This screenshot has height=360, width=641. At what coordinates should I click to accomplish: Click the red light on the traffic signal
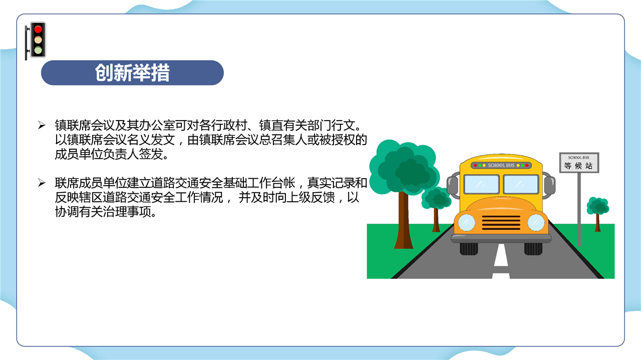pyautogui.click(x=38, y=29)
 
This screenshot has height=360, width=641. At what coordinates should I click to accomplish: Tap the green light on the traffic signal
pyautogui.click(x=38, y=51)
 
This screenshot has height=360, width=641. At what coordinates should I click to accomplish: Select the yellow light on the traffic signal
pyautogui.click(x=38, y=40)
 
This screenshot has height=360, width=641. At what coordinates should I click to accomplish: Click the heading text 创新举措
pyautogui.click(x=132, y=73)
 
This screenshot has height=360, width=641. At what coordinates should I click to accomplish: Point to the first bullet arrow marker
pyautogui.click(x=42, y=125)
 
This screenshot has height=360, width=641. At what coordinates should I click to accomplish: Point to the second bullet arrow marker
pyautogui.click(x=42, y=183)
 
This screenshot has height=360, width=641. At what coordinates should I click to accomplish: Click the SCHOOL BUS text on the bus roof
pyautogui.click(x=501, y=165)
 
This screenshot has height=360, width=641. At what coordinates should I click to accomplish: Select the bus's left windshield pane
pyautogui.click(x=482, y=184)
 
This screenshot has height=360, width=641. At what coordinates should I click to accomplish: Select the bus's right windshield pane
pyautogui.click(x=521, y=184)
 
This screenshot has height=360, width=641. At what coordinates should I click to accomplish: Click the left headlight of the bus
pyautogui.click(x=466, y=222)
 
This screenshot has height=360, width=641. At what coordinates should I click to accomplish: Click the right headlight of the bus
pyautogui.click(x=536, y=222)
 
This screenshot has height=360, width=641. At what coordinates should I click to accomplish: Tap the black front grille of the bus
pyautogui.click(x=501, y=223)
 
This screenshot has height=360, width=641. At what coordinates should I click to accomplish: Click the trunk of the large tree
pyautogui.click(x=404, y=220)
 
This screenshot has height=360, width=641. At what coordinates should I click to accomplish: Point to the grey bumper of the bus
pyautogui.click(x=501, y=238)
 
